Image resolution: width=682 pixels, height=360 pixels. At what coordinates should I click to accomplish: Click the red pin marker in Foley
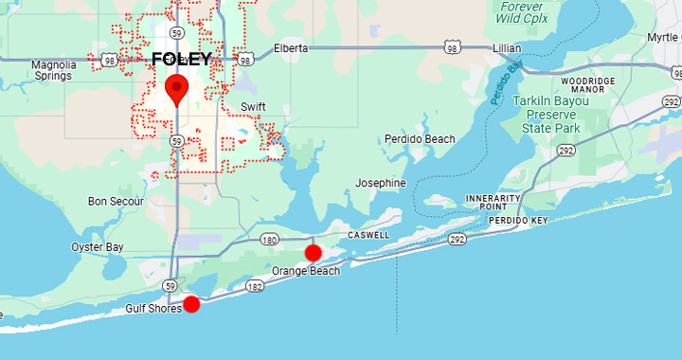point(176,90)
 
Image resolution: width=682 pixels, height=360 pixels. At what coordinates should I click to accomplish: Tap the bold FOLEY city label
point(182,60)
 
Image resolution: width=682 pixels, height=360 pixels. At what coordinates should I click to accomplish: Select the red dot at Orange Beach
point(313,253)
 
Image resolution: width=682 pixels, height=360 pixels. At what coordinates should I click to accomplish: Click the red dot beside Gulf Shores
point(191,304)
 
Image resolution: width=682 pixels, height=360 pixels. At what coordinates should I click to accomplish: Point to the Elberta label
point(291,47)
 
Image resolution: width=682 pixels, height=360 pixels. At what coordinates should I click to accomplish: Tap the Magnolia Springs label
point(53,71)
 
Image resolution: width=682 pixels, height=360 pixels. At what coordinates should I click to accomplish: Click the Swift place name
point(253,106)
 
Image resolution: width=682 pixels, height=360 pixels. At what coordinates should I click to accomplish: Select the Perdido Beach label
point(420,139)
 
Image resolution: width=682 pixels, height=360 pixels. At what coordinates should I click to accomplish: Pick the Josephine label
point(381,183)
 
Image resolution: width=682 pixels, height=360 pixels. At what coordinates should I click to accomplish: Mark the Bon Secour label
point(116,201)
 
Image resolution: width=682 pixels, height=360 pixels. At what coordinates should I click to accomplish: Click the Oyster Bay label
point(98,247)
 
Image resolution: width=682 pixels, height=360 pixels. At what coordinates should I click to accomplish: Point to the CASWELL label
point(368,234)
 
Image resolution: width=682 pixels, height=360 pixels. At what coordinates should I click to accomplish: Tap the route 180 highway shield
point(269,240)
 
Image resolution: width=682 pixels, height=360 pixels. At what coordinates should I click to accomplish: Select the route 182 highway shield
point(254,286)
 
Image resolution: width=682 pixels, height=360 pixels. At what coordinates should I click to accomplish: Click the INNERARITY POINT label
point(494,202)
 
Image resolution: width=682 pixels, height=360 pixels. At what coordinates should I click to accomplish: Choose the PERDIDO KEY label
point(518,221)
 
